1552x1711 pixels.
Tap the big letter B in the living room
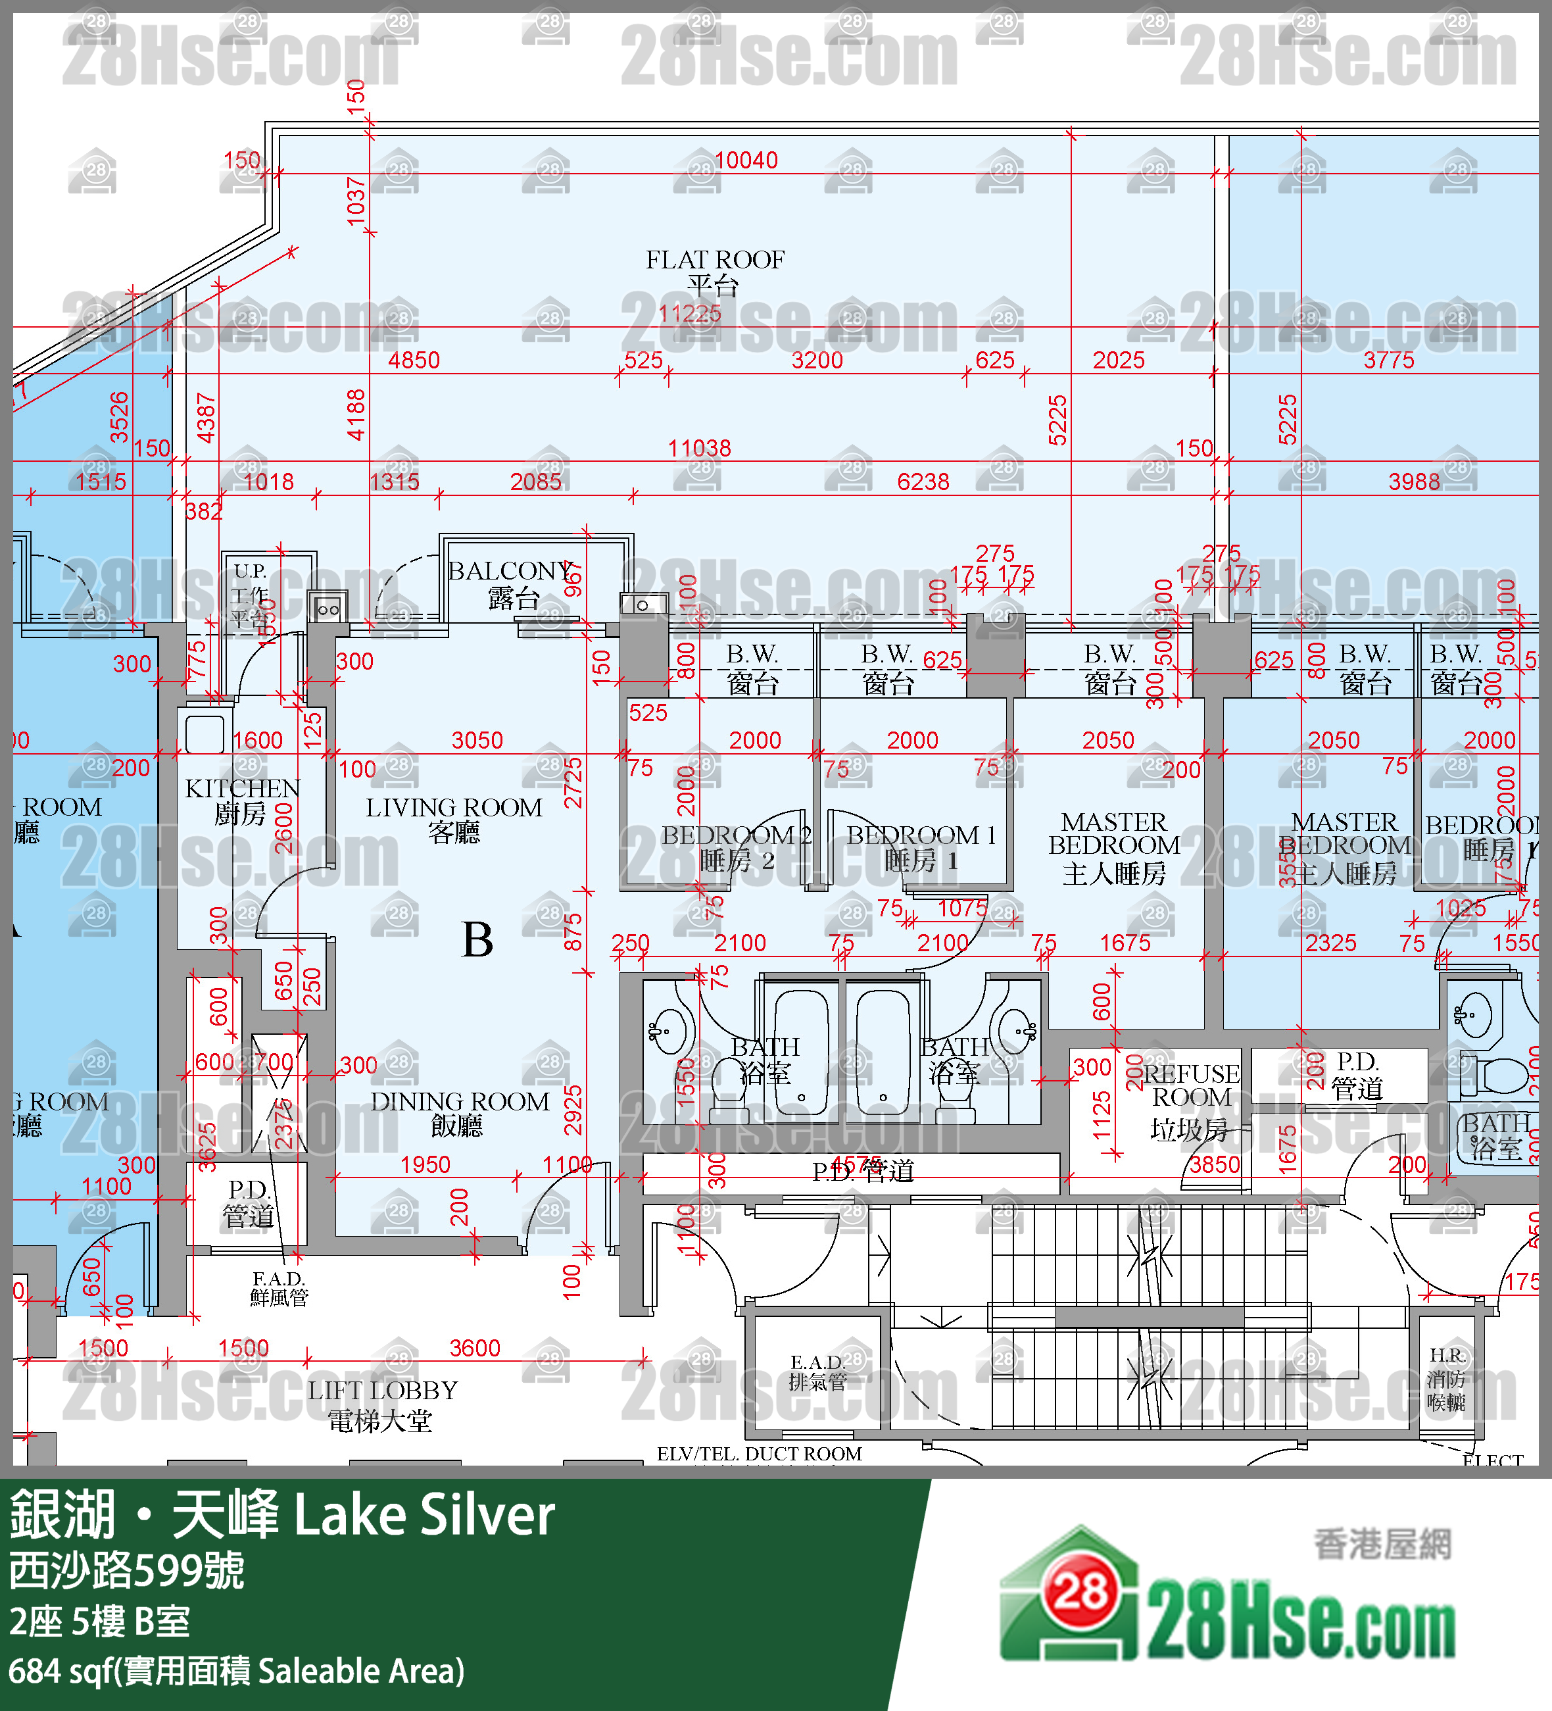pyautogui.click(x=477, y=939)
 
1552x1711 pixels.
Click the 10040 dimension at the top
pyautogui.click(x=746, y=161)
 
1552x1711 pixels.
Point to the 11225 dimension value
pyautogui.click(x=690, y=314)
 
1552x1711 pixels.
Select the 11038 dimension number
pyautogui.click(x=699, y=448)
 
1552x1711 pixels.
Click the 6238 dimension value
pyautogui.click(x=923, y=482)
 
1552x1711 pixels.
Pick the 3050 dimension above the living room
pyautogui.click(x=477, y=741)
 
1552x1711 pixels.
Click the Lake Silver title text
pyautogui.click(x=424, y=1516)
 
